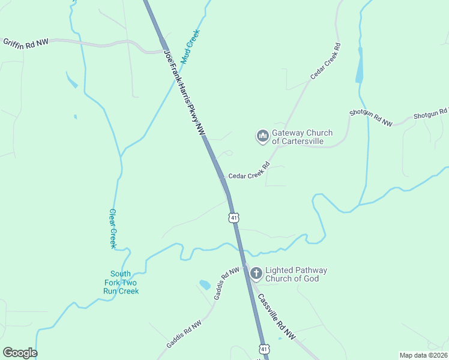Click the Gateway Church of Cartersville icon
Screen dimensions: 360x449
262,137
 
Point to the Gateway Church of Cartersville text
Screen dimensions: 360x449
302,137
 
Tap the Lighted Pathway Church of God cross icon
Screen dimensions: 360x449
256,274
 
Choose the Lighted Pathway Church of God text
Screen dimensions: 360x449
297,274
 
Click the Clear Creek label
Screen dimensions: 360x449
112,228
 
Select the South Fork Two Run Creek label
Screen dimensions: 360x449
121,282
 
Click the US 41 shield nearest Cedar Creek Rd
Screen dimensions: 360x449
234,217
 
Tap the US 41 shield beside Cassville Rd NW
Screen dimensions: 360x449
264,349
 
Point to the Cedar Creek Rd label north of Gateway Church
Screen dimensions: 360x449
325,61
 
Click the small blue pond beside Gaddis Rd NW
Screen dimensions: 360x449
205,284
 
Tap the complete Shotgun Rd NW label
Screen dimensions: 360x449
371,118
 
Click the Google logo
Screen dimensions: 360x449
20,352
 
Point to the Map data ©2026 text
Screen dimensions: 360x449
423,355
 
